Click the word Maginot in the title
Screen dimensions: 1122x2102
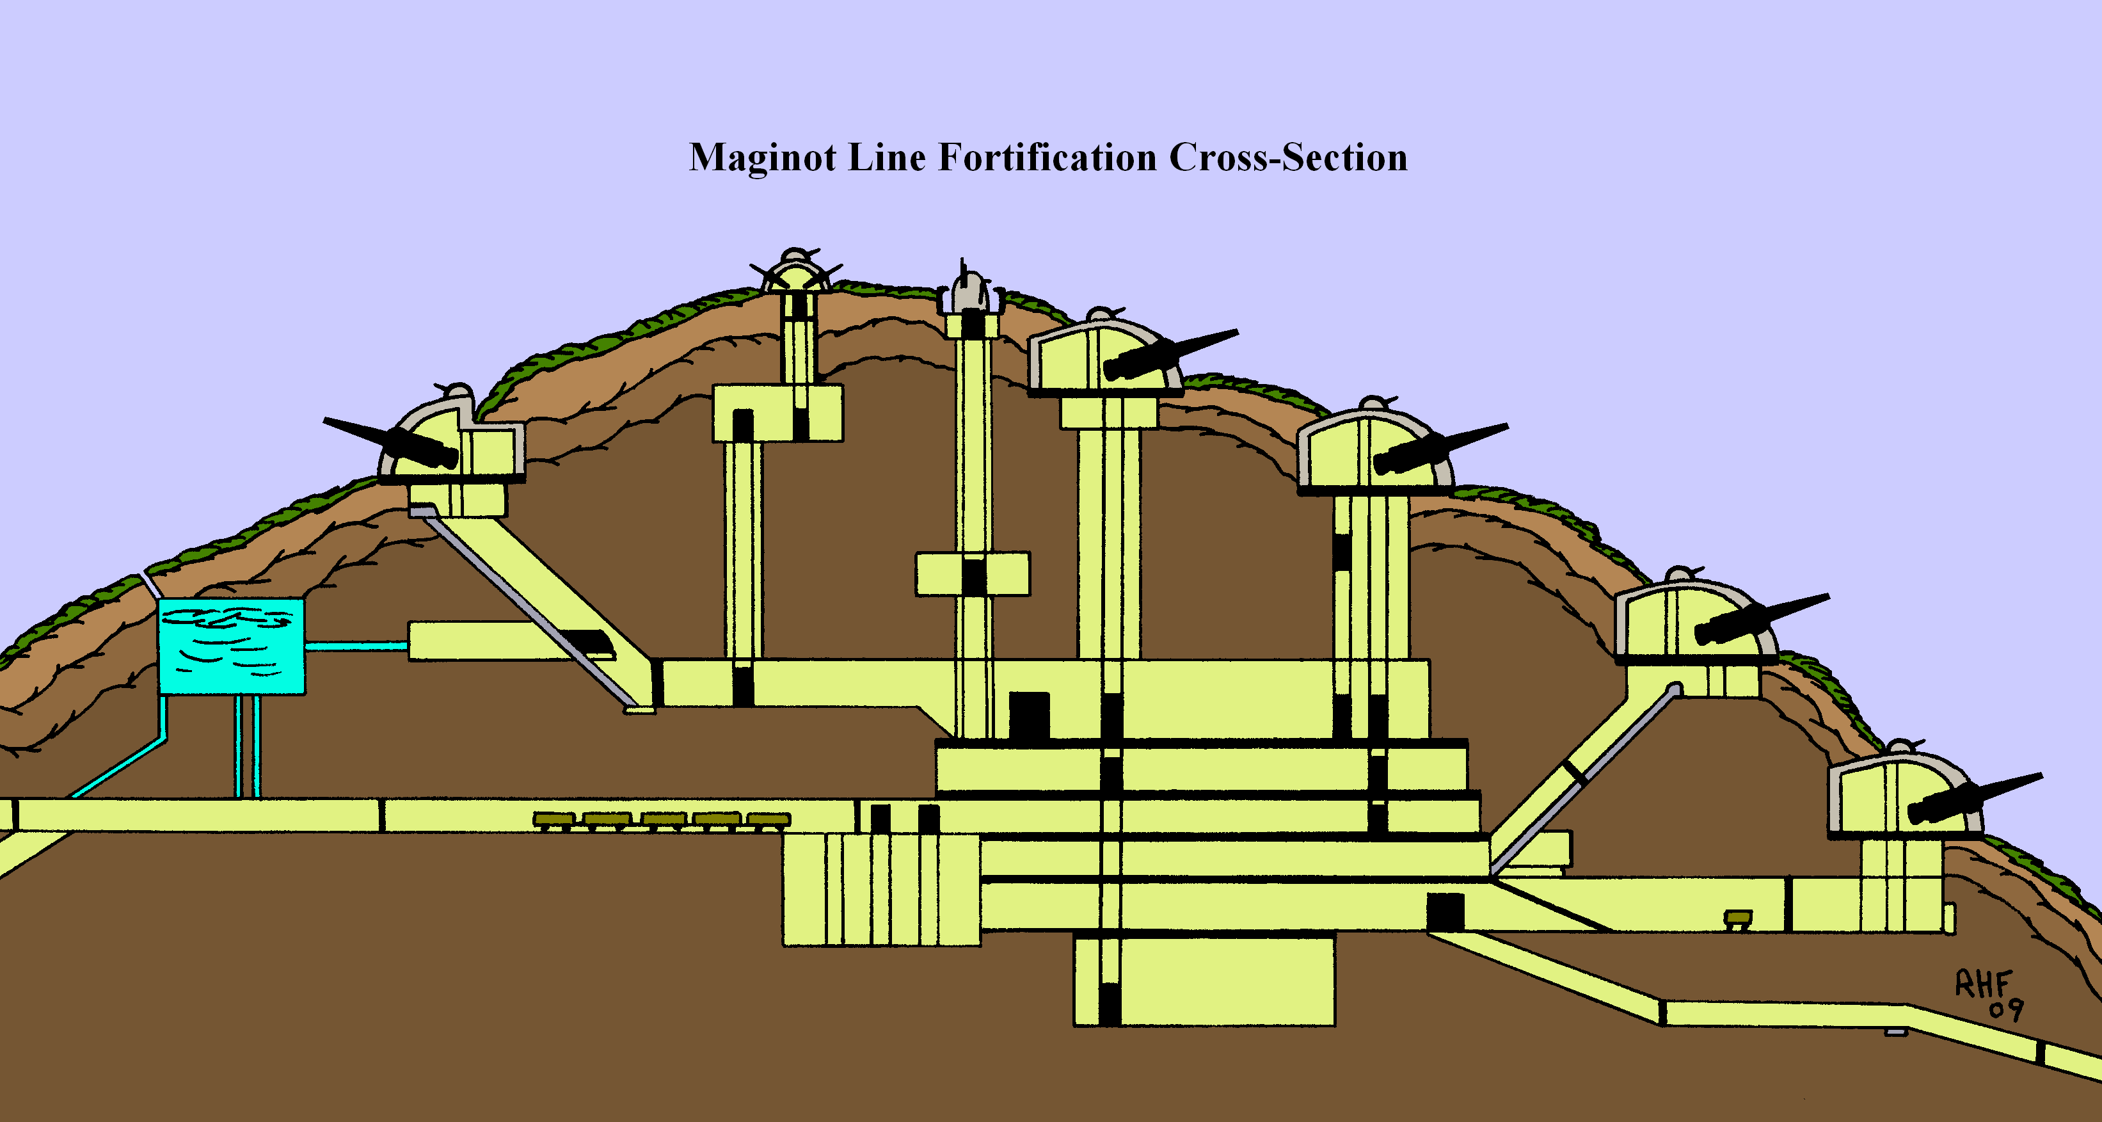point(762,157)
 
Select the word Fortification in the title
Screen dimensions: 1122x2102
point(1047,157)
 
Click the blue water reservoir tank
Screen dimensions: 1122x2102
point(231,646)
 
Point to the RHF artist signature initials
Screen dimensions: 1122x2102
point(1983,984)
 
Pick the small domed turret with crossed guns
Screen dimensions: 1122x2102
point(795,273)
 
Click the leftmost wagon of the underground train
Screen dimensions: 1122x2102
point(554,819)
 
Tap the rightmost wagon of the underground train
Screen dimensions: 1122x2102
point(768,819)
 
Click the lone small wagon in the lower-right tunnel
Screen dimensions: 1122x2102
point(1737,919)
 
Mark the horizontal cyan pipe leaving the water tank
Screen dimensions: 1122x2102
point(356,645)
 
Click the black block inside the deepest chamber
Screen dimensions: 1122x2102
point(1110,1004)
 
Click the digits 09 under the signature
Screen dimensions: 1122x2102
point(2006,1010)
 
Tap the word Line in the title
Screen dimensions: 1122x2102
point(887,157)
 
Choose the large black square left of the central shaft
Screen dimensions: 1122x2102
point(1029,716)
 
